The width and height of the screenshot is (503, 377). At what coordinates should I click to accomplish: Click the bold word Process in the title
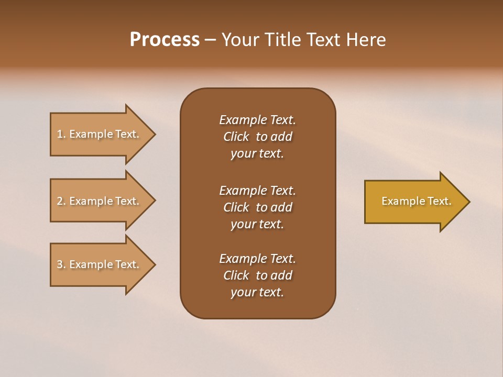pyautogui.click(x=165, y=40)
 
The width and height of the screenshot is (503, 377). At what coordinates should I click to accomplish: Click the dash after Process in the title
pyautogui.click(x=210, y=40)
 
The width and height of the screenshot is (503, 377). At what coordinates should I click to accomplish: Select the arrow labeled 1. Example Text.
pyautogui.click(x=100, y=134)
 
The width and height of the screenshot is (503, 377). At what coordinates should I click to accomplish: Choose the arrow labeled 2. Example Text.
pyautogui.click(x=100, y=201)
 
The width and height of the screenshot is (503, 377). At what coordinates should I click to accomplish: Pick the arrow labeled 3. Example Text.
pyautogui.click(x=100, y=264)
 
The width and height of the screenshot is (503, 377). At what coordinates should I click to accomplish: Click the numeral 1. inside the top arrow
pyautogui.click(x=61, y=134)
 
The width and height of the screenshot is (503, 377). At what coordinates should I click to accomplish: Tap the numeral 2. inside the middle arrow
pyautogui.click(x=61, y=201)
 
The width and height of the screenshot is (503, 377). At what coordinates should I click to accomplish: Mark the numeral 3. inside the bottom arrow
pyautogui.click(x=61, y=264)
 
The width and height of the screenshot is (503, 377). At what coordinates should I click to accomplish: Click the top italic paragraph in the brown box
pyautogui.click(x=257, y=137)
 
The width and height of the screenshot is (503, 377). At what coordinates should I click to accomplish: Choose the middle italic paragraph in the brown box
pyautogui.click(x=257, y=207)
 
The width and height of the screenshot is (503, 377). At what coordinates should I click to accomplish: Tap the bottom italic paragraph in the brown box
pyautogui.click(x=257, y=275)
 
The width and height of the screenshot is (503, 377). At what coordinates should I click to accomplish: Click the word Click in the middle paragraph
pyautogui.click(x=236, y=207)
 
